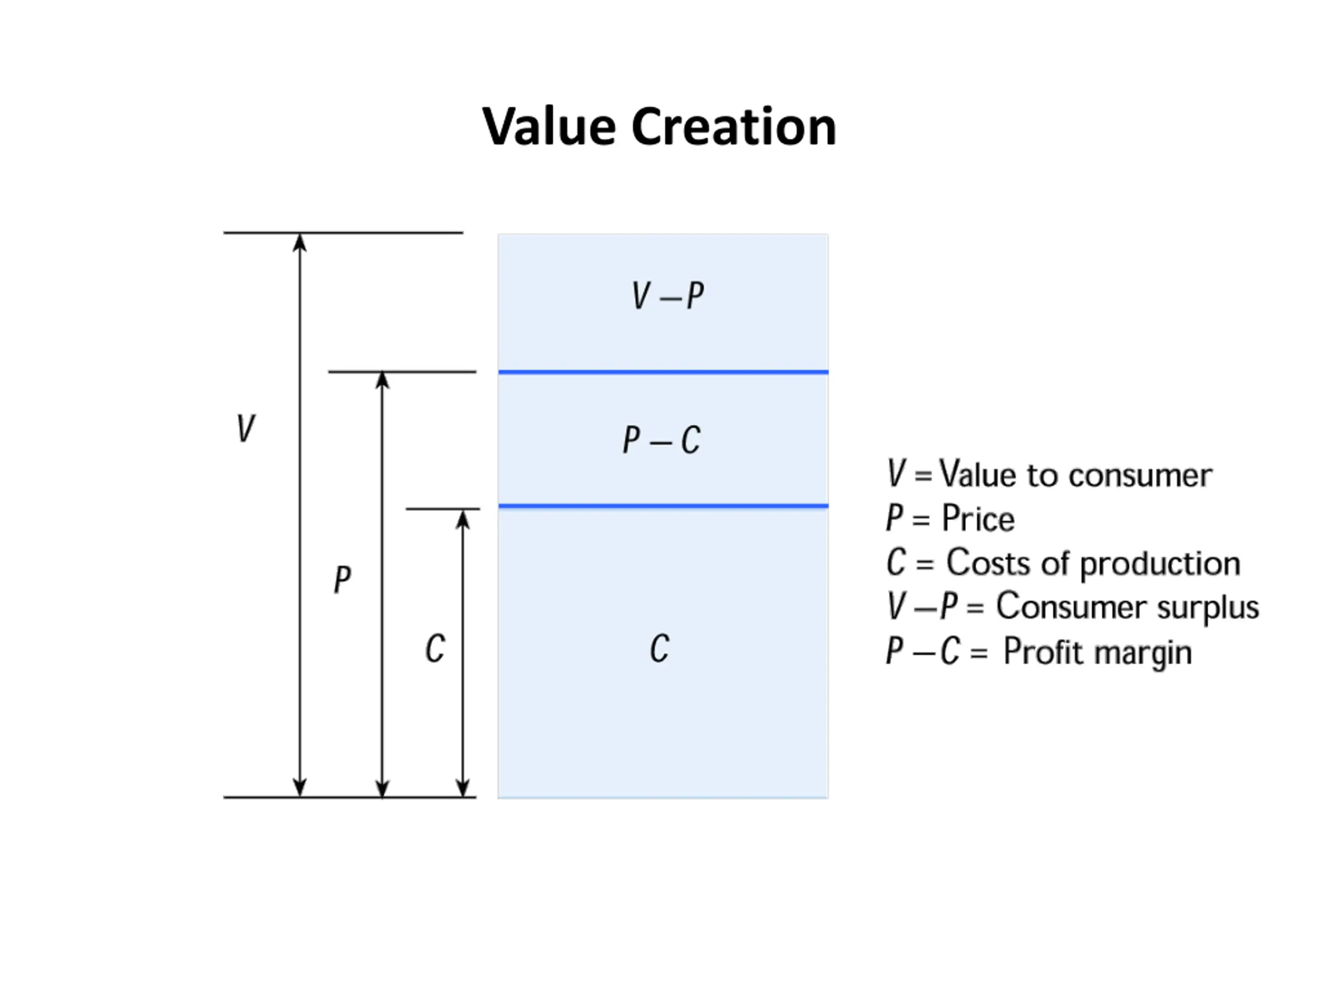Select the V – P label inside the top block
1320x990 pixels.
coord(668,295)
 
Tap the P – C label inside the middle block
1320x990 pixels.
coord(661,440)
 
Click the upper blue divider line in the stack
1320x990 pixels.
coord(663,372)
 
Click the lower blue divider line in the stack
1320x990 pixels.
coord(663,506)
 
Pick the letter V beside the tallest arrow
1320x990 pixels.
coord(245,428)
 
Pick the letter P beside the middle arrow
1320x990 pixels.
coord(342,579)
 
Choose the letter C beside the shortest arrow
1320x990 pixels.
coord(435,648)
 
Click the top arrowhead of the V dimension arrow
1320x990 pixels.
coord(300,242)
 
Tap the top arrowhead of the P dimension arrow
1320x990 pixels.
coord(383,380)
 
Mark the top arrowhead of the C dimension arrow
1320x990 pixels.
coord(463,519)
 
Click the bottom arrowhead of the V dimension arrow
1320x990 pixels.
coord(300,788)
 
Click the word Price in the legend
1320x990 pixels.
coord(978,519)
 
